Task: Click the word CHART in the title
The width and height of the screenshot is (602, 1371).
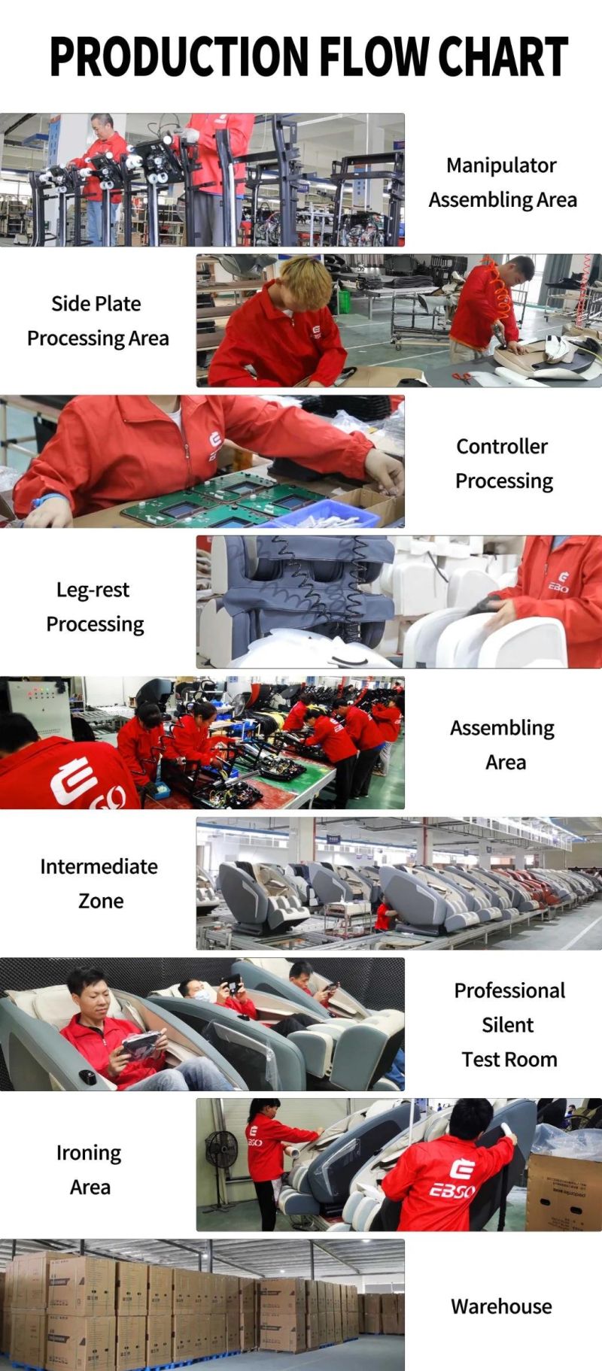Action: point(503,56)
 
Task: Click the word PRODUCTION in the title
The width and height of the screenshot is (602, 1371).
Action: point(179,56)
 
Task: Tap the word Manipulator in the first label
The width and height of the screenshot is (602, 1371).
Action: point(501,165)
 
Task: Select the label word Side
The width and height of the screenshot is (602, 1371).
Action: point(66,304)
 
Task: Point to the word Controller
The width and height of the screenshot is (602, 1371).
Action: point(502,446)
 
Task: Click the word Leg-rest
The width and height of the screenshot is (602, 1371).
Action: point(93,590)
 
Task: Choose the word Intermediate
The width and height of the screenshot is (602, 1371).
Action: point(99,866)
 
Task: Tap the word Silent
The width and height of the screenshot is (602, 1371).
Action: point(508,1025)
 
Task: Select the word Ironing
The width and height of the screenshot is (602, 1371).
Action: point(89,1154)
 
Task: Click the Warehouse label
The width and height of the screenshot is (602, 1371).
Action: point(501,1307)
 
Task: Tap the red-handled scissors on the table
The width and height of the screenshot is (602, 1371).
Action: point(461,376)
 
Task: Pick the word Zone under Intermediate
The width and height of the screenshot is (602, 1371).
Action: point(101,901)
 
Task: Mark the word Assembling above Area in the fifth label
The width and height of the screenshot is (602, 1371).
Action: point(502,729)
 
